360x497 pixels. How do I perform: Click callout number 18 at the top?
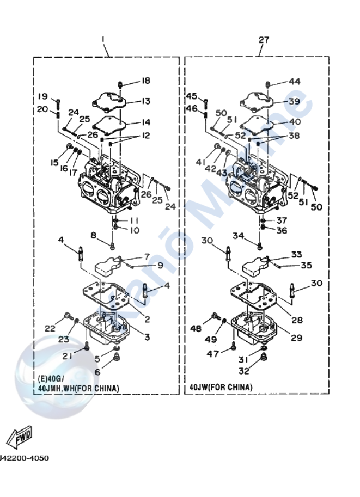tap(145, 81)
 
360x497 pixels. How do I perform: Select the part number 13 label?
tap(145, 101)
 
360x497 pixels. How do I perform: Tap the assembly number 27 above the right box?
tap(264, 40)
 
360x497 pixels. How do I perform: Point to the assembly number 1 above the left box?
tap(103, 40)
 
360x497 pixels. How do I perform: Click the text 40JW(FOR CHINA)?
tap(221, 387)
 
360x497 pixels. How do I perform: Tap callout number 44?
tap(295, 81)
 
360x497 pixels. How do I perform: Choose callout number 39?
tap(295, 102)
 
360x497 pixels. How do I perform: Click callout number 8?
tap(94, 235)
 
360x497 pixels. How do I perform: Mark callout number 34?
tap(237, 236)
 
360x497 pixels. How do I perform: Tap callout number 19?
tap(43, 96)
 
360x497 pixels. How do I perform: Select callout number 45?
tap(191, 96)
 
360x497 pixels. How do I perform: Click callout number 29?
tap(296, 338)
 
